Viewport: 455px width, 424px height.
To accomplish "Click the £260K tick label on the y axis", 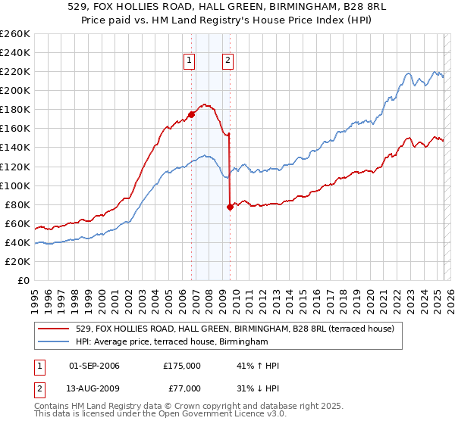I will [x=15, y=33].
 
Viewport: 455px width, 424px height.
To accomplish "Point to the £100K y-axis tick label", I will [x=15, y=185].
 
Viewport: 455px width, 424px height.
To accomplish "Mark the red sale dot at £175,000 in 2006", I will [x=191, y=114].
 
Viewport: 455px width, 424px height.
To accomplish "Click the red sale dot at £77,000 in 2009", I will [x=230, y=207].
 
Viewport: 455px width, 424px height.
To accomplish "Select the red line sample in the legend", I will [x=55, y=329].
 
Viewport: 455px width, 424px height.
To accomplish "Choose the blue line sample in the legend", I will [x=55, y=342].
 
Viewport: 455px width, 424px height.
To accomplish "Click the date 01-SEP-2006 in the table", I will [x=94, y=366].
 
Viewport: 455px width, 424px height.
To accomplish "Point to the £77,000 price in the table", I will [x=182, y=388].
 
